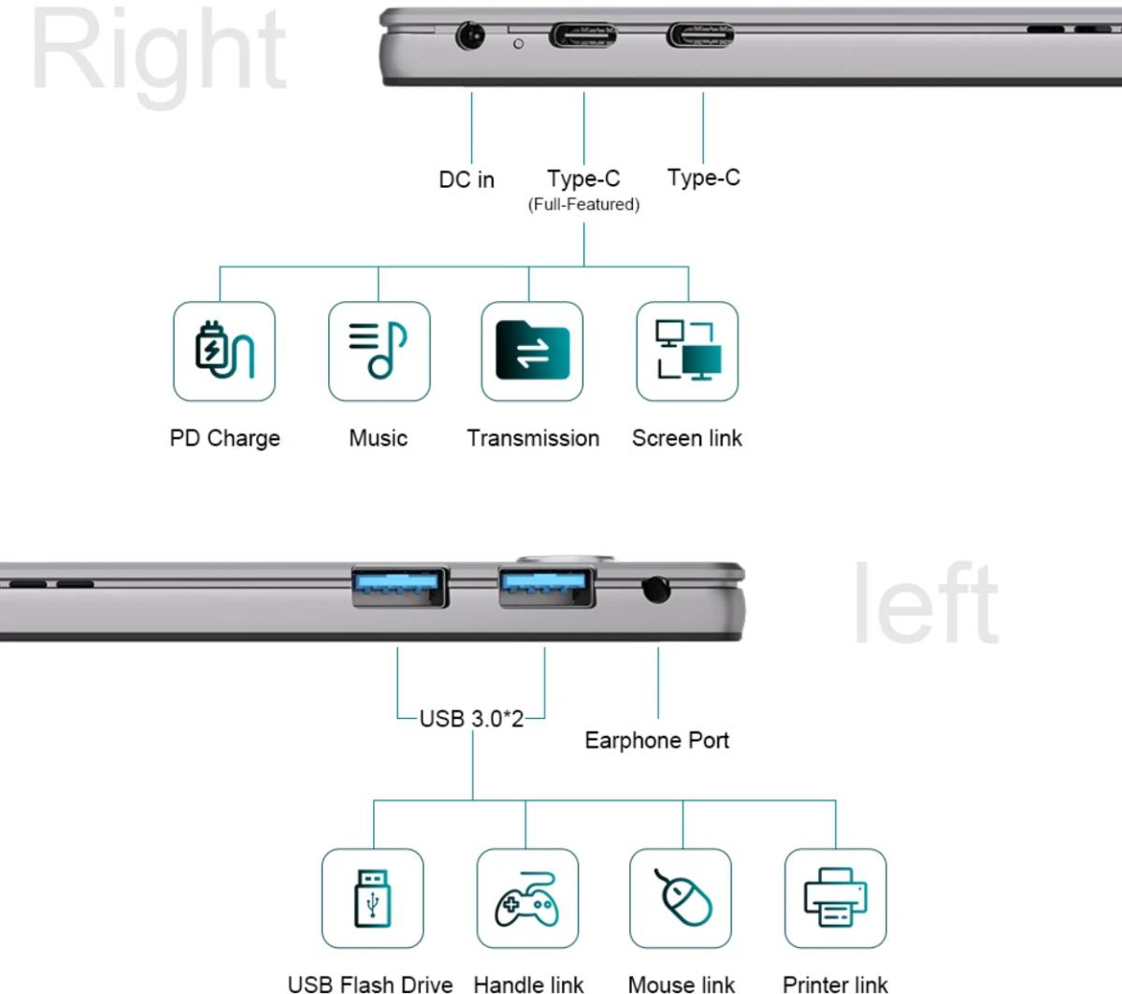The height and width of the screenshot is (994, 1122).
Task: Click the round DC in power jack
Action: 470,36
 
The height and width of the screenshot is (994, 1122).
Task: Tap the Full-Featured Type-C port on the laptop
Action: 583,36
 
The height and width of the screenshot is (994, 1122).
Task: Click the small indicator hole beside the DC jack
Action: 518,44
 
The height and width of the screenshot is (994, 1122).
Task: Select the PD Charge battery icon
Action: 224,350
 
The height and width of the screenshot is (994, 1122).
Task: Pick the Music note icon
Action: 379,350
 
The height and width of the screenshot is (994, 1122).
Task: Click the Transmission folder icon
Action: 533,350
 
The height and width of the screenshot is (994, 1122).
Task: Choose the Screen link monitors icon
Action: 688,350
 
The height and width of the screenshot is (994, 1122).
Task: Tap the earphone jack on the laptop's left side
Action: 656,589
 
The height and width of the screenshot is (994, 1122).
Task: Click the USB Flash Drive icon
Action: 373,899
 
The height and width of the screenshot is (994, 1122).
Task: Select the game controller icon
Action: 526,900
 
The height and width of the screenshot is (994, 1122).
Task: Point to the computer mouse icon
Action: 683,898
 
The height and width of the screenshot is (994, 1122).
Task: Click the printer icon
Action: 836,898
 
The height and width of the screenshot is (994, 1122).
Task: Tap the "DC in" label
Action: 467,180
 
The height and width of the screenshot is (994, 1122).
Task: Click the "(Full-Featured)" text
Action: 583,205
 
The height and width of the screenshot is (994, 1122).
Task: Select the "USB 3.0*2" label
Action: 471,719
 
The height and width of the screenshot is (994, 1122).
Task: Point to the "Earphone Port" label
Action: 656,741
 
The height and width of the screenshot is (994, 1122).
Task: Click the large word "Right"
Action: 159,55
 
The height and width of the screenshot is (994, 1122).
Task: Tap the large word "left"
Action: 926,602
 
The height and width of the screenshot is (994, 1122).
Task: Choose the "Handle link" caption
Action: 528,986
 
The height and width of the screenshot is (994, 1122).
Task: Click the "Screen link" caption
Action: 686,438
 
